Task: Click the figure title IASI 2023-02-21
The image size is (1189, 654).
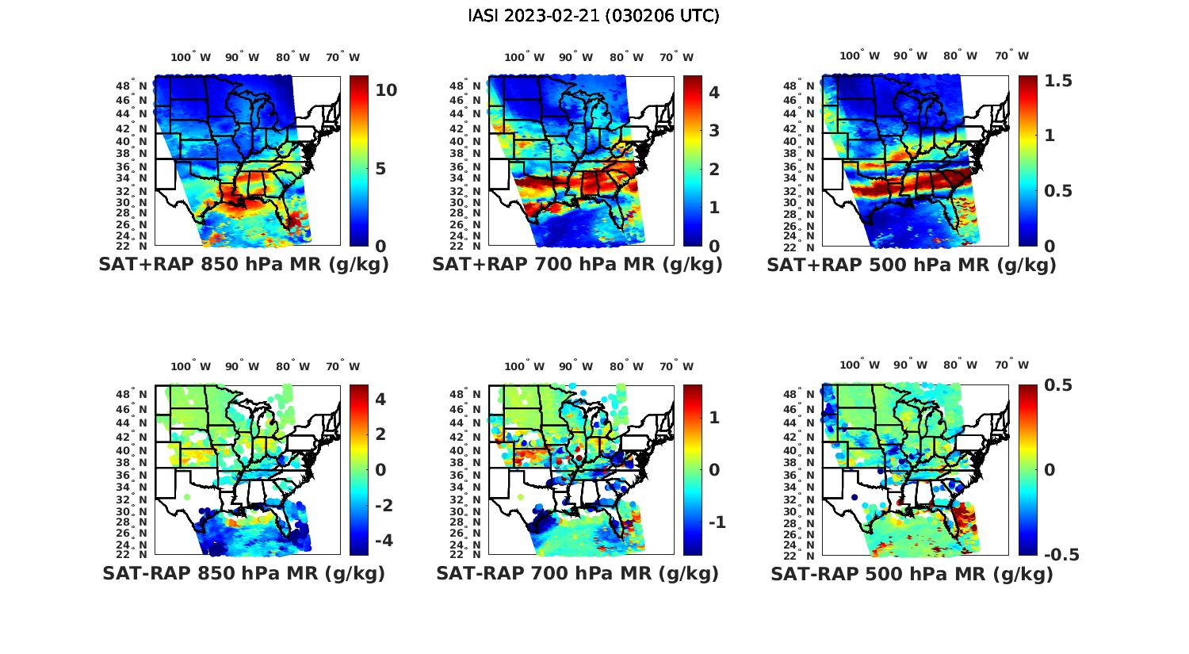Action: [594, 16]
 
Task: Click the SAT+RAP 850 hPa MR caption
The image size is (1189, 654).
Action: [243, 265]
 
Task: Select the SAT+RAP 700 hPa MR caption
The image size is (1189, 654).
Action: [577, 265]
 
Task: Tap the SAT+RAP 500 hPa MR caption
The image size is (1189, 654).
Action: [912, 265]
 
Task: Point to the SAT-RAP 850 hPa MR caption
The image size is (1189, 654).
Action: [243, 573]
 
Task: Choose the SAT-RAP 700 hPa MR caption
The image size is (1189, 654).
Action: [577, 573]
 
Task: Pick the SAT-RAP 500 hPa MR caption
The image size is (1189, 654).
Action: [912, 574]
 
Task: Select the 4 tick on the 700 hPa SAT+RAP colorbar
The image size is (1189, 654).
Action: [713, 92]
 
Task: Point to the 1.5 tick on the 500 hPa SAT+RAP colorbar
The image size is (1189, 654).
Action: [1058, 81]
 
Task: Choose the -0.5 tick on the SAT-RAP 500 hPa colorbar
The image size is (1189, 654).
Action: [1061, 555]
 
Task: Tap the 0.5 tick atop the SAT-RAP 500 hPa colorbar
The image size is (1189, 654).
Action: [1057, 385]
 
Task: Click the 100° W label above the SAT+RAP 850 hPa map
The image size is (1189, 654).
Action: [191, 57]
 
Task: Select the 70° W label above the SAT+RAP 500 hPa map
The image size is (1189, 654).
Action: [1012, 55]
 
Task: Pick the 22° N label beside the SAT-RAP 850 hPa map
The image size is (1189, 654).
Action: [132, 554]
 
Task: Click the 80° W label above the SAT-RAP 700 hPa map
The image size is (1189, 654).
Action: [626, 366]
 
